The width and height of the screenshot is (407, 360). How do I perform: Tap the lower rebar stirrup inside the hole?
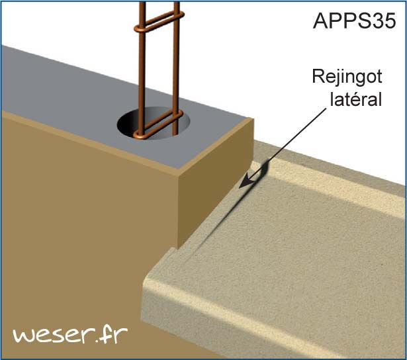click(x=159, y=127)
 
